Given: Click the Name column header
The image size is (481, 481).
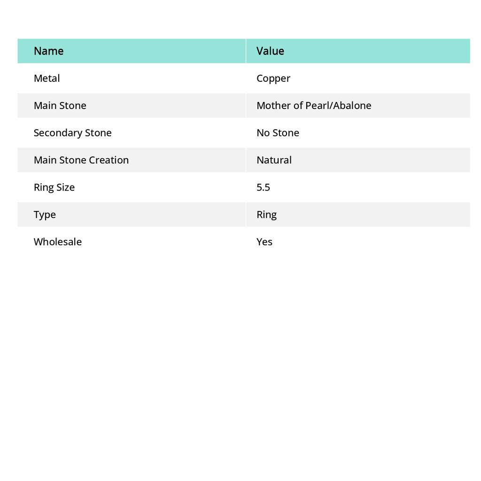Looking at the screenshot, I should point(48,51).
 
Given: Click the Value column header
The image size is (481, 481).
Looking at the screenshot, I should point(270,51).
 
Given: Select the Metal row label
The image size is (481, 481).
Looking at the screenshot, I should point(47,78).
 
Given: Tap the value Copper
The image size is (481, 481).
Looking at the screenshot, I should point(273,78).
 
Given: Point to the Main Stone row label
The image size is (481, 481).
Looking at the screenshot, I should point(60,105).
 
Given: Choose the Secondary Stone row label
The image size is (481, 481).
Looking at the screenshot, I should point(72,132).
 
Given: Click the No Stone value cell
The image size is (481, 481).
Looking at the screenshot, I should point(278,132).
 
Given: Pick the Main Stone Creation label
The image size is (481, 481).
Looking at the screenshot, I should point(81,160).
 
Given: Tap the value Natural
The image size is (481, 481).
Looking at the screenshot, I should point(274,160).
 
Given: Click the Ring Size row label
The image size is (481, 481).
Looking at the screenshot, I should point(54,187).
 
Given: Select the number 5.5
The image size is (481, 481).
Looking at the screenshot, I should point(263,187).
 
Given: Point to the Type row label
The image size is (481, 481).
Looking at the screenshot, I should point(45,215).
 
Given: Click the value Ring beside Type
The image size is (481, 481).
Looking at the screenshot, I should point(266,215).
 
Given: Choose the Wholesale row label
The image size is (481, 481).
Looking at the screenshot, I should point(57,241).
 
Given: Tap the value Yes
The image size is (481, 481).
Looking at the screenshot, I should point(264,241).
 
